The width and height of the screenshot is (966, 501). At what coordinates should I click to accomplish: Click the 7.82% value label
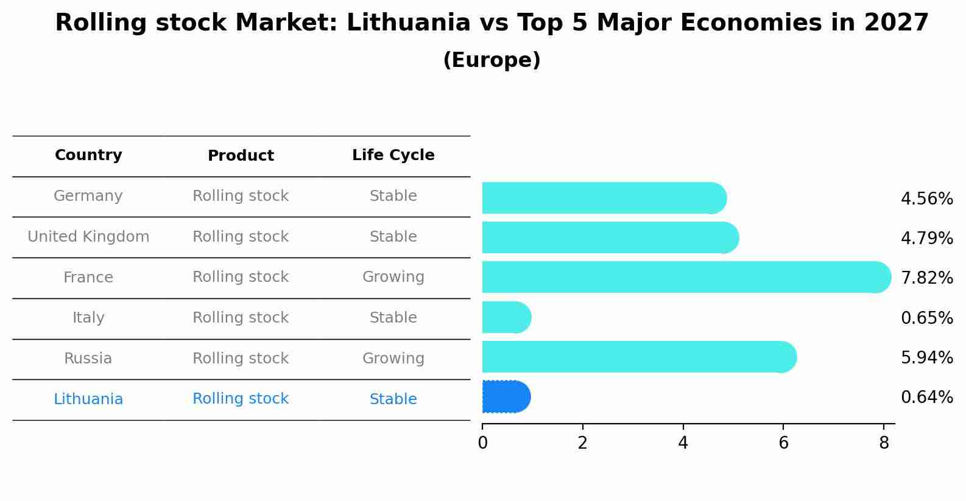tap(926, 278)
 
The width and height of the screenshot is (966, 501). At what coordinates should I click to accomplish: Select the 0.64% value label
tap(926, 398)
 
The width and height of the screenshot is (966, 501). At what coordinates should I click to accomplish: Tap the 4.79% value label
tap(926, 238)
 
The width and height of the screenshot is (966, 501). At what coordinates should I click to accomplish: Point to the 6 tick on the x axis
tap(783, 443)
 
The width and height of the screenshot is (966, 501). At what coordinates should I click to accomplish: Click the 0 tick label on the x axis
tap(482, 443)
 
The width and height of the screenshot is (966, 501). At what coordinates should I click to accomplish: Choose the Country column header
tap(88, 155)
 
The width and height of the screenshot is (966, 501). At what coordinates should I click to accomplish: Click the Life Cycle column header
tap(393, 155)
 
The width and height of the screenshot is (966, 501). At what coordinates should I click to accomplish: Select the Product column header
tap(241, 156)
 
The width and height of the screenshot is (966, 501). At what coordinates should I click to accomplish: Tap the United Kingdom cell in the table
tap(88, 237)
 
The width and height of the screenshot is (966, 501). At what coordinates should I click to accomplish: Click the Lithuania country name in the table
tap(88, 399)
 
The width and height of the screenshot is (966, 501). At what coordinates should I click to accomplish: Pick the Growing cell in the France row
tap(393, 277)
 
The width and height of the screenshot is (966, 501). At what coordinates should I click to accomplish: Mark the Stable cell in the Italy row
tap(393, 318)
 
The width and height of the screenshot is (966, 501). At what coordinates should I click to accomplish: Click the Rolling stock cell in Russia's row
tap(241, 359)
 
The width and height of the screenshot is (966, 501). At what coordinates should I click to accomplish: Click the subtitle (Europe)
tap(492, 60)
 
